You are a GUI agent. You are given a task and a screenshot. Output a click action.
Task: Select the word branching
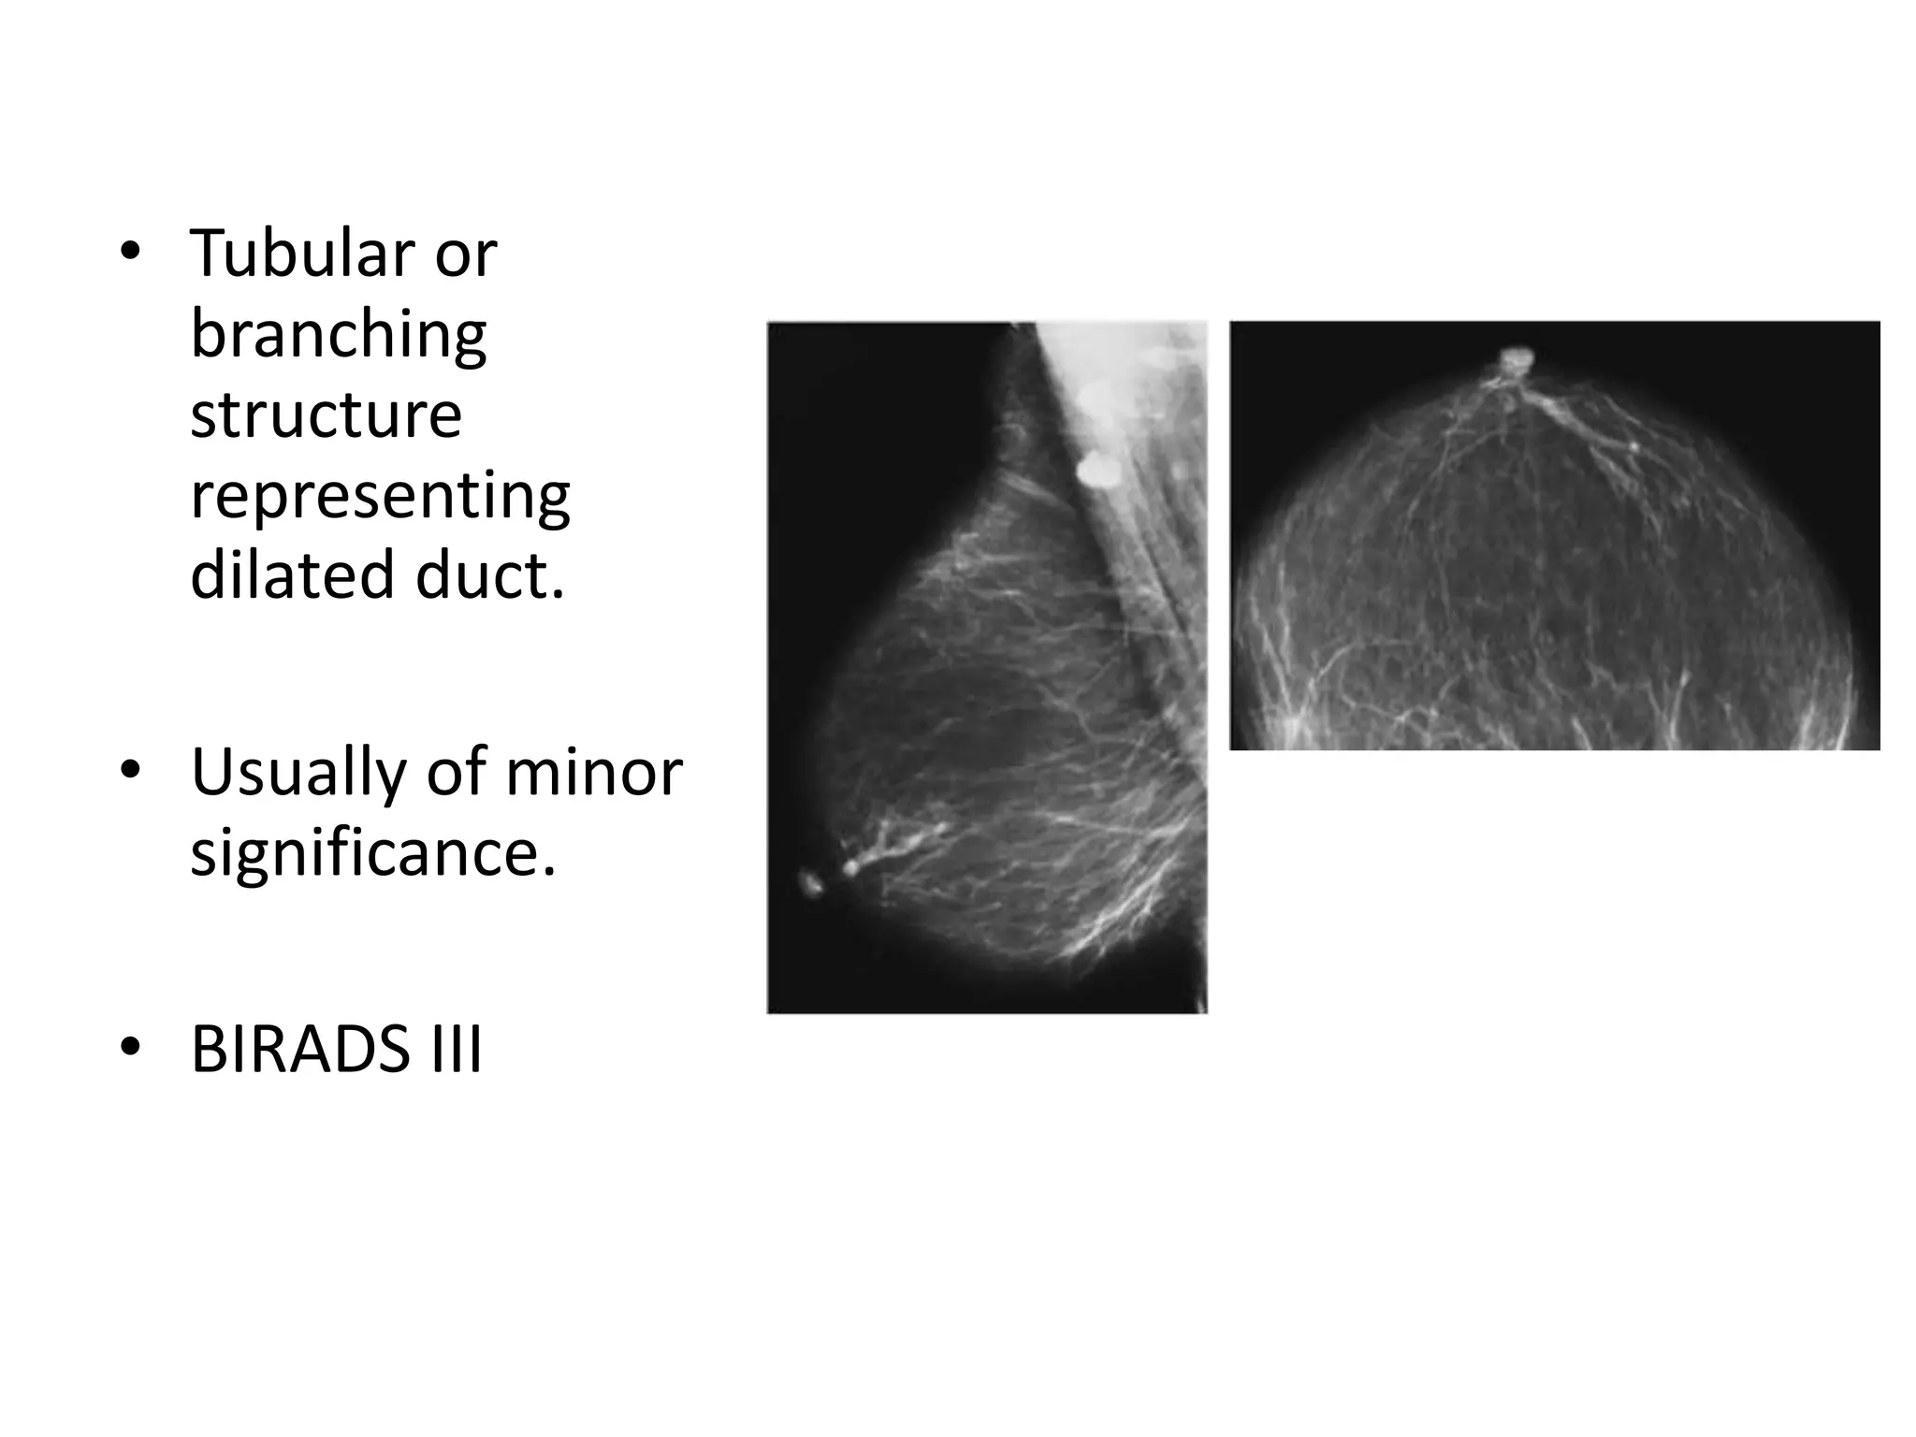(339, 334)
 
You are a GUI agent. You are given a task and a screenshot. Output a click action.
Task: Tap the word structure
(326, 414)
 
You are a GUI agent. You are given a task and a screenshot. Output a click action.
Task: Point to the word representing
(380, 496)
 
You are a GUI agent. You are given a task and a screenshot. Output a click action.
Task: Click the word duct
(490, 575)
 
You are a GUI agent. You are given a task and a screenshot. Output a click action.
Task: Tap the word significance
(372, 853)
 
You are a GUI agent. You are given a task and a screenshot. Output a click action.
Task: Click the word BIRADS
(300, 1050)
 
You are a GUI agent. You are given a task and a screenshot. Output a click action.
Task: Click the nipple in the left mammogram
(810, 881)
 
